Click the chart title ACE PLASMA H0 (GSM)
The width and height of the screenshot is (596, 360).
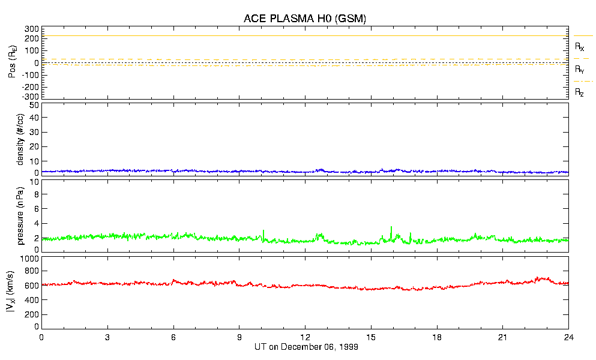(304, 19)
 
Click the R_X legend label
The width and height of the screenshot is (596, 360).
(579, 46)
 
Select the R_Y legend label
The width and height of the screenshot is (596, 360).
(579, 70)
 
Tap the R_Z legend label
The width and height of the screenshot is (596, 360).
(579, 92)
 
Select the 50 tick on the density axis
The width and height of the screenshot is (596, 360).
(35, 106)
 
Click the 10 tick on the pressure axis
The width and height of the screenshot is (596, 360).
(35, 182)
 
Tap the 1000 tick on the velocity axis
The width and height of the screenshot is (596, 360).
(30, 259)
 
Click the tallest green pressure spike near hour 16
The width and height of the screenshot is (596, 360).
(391, 227)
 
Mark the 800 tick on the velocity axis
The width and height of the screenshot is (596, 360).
(32, 271)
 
